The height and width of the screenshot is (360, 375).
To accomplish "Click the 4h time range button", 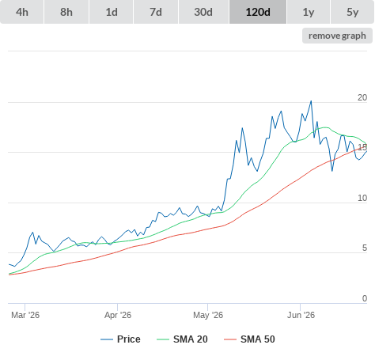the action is (21, 12).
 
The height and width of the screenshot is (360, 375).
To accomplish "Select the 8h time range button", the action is (66, 12).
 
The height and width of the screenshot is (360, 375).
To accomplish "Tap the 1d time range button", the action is (112, 12).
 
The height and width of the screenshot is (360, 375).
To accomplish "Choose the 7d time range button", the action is (156, 12).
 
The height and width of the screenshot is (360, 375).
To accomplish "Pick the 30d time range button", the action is (203, 12).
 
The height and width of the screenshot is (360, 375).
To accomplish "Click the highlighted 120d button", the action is (258, 12).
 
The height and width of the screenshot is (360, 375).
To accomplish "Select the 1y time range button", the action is (309, 12).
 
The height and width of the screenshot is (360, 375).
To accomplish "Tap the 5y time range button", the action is (353, 12).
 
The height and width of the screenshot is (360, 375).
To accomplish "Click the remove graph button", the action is (337, 36).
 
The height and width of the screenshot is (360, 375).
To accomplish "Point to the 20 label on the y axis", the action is (362, 97).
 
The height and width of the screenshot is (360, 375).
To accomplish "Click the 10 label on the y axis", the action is (362, 198).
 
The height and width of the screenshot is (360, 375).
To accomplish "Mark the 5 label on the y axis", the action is (365, 248).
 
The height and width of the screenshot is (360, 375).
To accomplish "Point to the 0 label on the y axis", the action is (365, 298).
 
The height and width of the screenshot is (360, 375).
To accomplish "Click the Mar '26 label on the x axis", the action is (25, 315).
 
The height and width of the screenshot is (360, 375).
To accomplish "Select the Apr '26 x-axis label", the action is (118, 315).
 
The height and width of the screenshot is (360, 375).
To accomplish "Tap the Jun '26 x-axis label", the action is (301, 315).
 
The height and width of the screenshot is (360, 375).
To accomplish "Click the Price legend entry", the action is (120, 339).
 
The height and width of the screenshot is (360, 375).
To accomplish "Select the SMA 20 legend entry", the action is (182, 339).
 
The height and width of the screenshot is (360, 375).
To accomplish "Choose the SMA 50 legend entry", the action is (249, 339).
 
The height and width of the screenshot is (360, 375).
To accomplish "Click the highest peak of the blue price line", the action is (311, 100).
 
